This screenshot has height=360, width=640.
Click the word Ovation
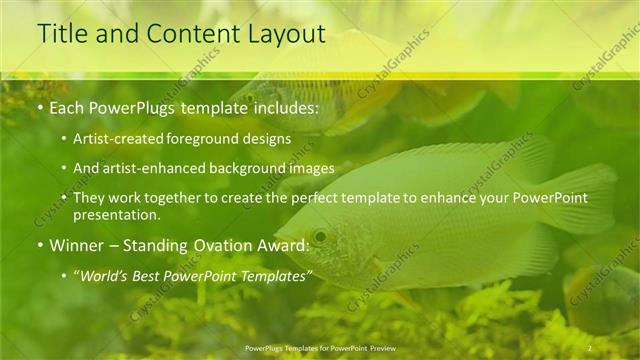(x=236, y=244)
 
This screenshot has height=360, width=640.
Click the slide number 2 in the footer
(x=590, y=347)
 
